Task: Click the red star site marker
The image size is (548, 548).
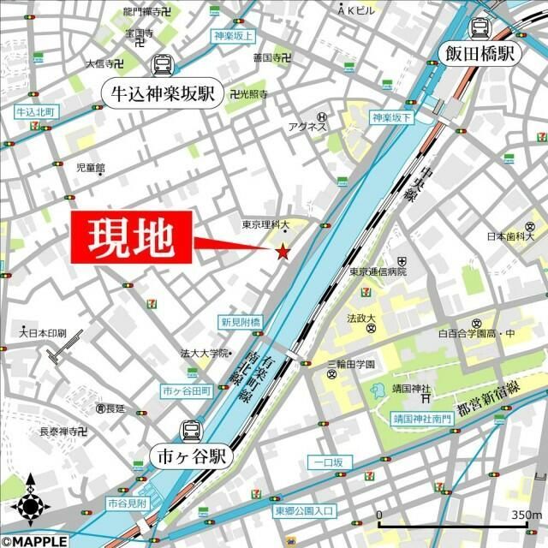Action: [283, 251]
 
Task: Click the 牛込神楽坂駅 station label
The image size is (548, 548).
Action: [162, 92]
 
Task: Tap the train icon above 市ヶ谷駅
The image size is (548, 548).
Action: [191, 432]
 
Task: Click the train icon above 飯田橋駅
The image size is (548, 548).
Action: [480, 28]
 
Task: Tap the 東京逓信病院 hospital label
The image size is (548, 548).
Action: [378, 271]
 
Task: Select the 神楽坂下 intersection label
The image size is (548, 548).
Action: [392, 117]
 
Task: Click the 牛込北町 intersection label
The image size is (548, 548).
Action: [35, 112]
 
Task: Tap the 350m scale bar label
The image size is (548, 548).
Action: [523, 515]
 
